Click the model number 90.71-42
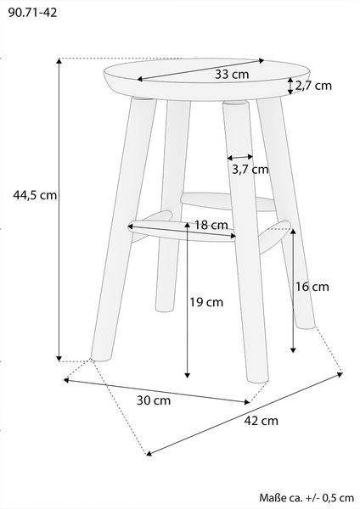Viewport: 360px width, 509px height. tap(32, 13)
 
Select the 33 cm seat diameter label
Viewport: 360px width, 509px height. tap(232, 75)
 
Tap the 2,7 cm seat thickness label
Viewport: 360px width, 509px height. tap(313, 86)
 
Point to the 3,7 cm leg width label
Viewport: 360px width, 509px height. tap(250, 169)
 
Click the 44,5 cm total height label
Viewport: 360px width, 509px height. tap(35, 195)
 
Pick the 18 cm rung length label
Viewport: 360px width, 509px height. tap(211, 225)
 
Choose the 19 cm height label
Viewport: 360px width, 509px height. tap(206, 302)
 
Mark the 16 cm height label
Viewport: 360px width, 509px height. tap(312, 287)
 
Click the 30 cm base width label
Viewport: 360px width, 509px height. tap(154, 400)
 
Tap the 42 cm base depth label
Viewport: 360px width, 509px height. tap(262, 421)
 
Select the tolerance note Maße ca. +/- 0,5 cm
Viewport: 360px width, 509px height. tap(307, 498)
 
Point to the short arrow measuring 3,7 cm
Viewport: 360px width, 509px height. tap(240, 158)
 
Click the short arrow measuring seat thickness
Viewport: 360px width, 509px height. tap(290, 86)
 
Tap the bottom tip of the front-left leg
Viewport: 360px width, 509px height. tap(101, 359)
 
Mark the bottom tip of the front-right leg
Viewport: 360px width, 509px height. tap(258, 380)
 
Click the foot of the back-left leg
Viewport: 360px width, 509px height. tap(164, 309)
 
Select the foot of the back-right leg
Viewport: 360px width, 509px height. tap(306, 326)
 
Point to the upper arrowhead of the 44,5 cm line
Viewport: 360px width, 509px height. tap(59, 61)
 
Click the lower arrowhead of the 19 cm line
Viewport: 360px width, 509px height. tap(187, 375)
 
